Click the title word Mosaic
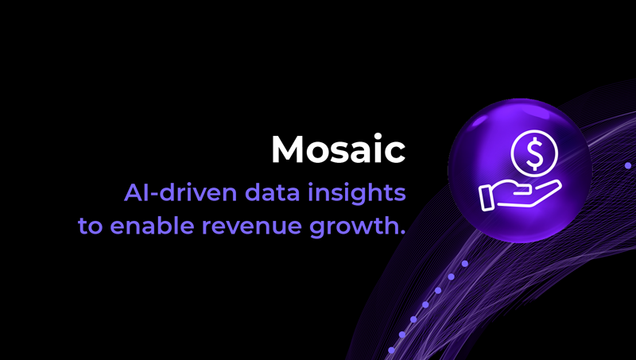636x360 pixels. point(338,149)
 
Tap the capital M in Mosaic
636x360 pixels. point(287,149)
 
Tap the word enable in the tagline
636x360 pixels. point(149,225)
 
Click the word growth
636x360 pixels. point(354,226)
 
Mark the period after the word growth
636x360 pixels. point(401,232)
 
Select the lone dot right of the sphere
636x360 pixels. point(628,165)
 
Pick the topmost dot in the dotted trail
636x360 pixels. point(465,263)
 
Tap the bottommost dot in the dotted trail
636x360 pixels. point(391,350)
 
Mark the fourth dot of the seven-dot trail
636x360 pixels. point(425,304)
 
